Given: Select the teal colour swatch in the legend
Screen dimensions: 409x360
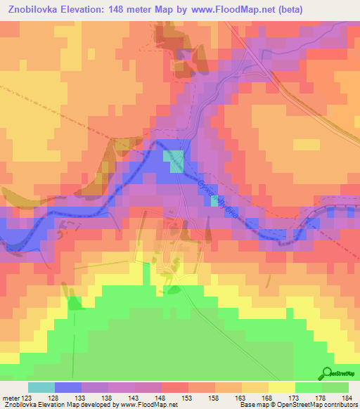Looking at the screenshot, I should tap(41, 387).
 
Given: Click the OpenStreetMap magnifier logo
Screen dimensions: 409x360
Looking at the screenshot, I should tap(326, 373).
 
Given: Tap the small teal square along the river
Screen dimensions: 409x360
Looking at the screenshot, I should tap(214, 202).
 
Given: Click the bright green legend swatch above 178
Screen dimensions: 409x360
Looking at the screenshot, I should tap(308, 387).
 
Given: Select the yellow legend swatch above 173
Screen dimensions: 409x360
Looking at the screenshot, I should tap(281, 387).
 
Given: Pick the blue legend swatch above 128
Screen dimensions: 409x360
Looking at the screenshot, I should tap(67, 387).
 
